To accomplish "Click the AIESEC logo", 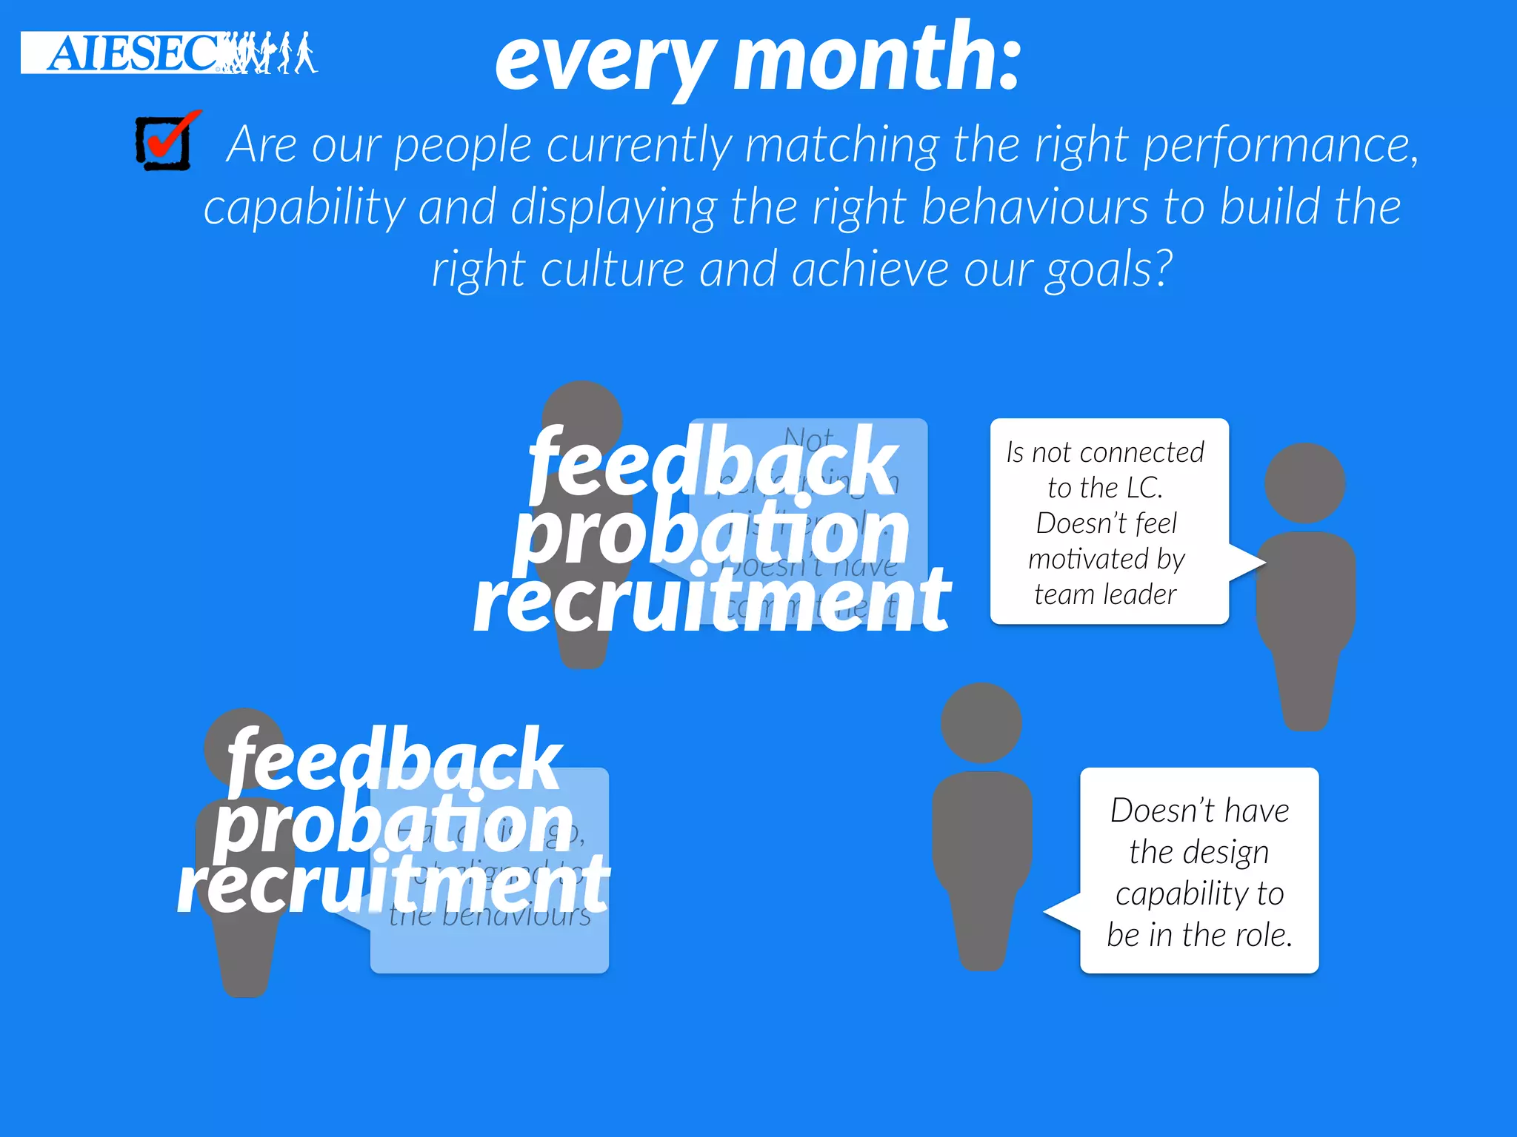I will pyautogui.click(x=169, y=53).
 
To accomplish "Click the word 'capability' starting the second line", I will pyautogui.click(x=304, y=208).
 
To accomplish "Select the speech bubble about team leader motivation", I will pyautogui.click(x=1109, y=521).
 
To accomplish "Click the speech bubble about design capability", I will pyautogui.click(x=1198, y=871).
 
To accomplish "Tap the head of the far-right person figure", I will pyautogui.click(x=1304, y=483).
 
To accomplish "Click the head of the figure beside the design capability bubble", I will pyautogui.click(x=981, y=722).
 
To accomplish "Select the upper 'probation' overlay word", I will pyautogui.click(x=711, y=531).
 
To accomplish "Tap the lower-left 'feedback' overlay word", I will pyautogui.click(x=394, y=760).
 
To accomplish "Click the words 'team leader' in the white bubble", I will pyautogui.click(x=1105, y=594).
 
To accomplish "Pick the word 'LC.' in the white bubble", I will pyautogui.click(x=1144, y=489).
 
